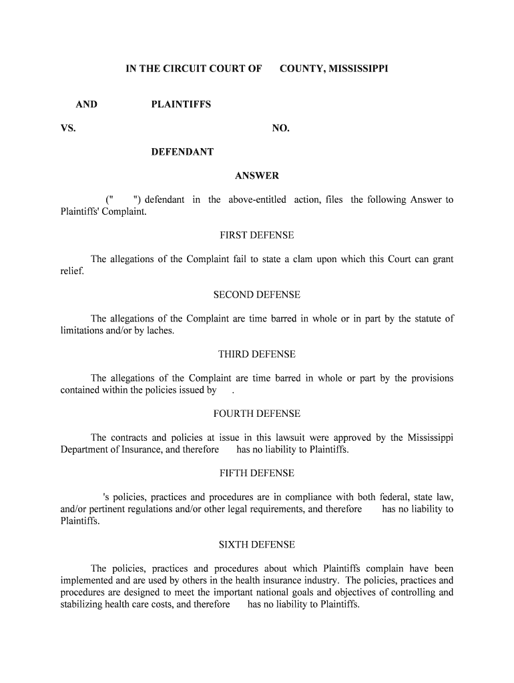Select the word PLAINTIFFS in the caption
181,104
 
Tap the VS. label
68,128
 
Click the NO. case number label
281,128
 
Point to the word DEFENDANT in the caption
182,152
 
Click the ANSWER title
257,176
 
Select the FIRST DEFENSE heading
257,235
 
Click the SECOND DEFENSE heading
257,295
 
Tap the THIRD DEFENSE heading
257,354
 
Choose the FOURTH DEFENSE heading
257,414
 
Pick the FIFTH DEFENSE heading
257,473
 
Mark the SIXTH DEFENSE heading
257,545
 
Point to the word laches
160,331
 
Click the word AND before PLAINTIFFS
87,104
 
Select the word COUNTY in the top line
302,68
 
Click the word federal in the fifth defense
395,497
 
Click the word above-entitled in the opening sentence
257,200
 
